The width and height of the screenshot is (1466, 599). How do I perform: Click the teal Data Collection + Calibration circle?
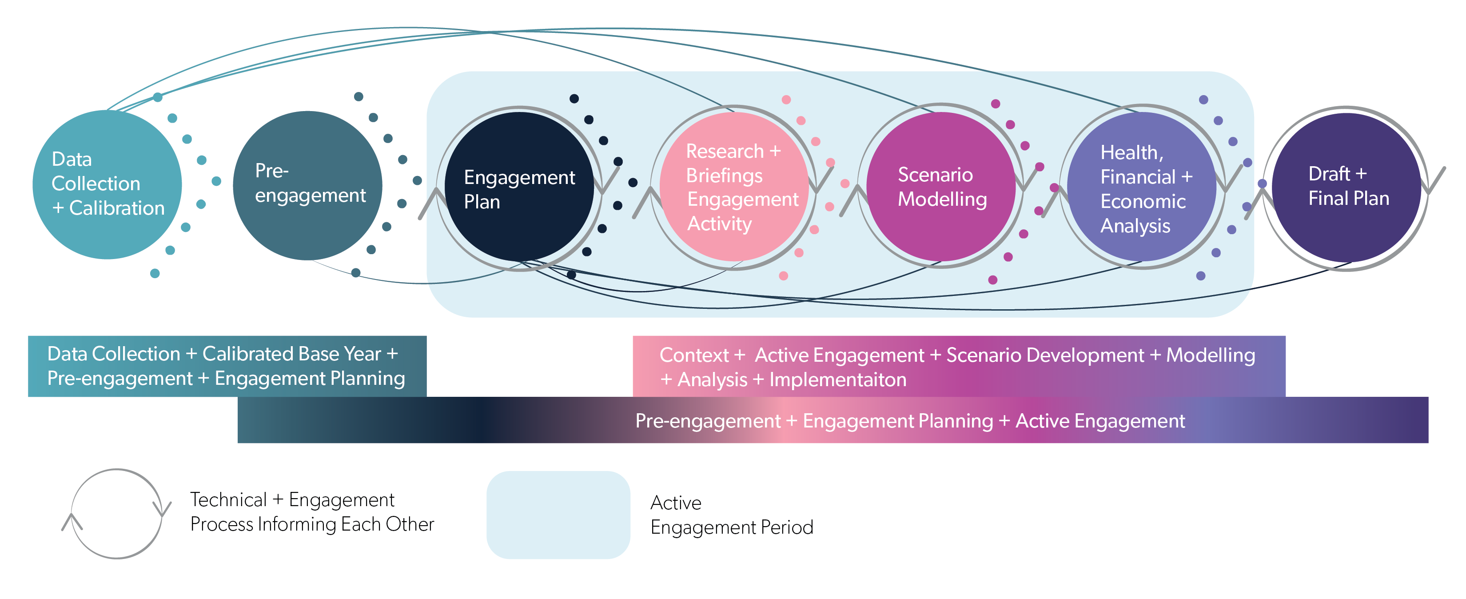pos(107,184)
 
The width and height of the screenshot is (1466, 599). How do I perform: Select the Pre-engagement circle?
pos(307,186)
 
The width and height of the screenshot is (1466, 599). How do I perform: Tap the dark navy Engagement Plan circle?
pos(519,187)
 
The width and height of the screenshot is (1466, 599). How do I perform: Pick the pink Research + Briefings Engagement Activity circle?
pos(734,187)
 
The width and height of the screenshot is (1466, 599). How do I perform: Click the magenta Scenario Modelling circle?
pos(941,187)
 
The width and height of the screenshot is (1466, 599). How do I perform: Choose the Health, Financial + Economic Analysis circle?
pos(1142,187)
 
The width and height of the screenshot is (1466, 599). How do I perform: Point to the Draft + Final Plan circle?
pos(1346,188)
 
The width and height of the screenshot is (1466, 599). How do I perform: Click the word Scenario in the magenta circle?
pos(935,175)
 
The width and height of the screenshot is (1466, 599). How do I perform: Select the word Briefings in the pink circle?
pos(724,176)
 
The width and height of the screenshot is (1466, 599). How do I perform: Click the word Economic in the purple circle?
pos(1143,202)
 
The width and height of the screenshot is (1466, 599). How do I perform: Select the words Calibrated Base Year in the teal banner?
pos(291,354)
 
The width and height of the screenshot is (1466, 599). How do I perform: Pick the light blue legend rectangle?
pos(558,515)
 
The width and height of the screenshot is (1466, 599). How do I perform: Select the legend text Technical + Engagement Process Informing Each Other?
pos(312,512)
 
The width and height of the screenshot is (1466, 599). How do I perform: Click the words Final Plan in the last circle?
pos(1349,199)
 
